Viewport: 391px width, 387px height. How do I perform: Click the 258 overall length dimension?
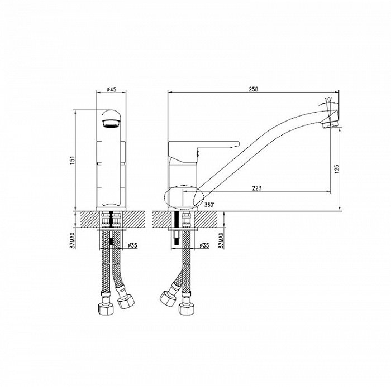(254, 89)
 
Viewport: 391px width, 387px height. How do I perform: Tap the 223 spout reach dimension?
(257, 188)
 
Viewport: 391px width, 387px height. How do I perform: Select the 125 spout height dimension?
(337, 169)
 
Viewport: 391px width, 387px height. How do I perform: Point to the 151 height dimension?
(73, 161)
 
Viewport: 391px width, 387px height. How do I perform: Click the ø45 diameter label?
(112, 89)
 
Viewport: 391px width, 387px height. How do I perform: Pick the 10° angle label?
(328, 100)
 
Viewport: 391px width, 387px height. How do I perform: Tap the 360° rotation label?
(209, 205)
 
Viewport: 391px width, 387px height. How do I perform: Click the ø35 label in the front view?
(132, 245)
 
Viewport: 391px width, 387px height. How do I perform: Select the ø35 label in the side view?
(204, 245)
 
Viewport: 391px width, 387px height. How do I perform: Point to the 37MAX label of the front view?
(73, 240)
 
